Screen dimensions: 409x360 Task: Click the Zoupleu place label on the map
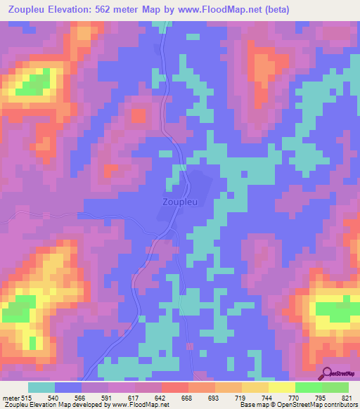point(179,201)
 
